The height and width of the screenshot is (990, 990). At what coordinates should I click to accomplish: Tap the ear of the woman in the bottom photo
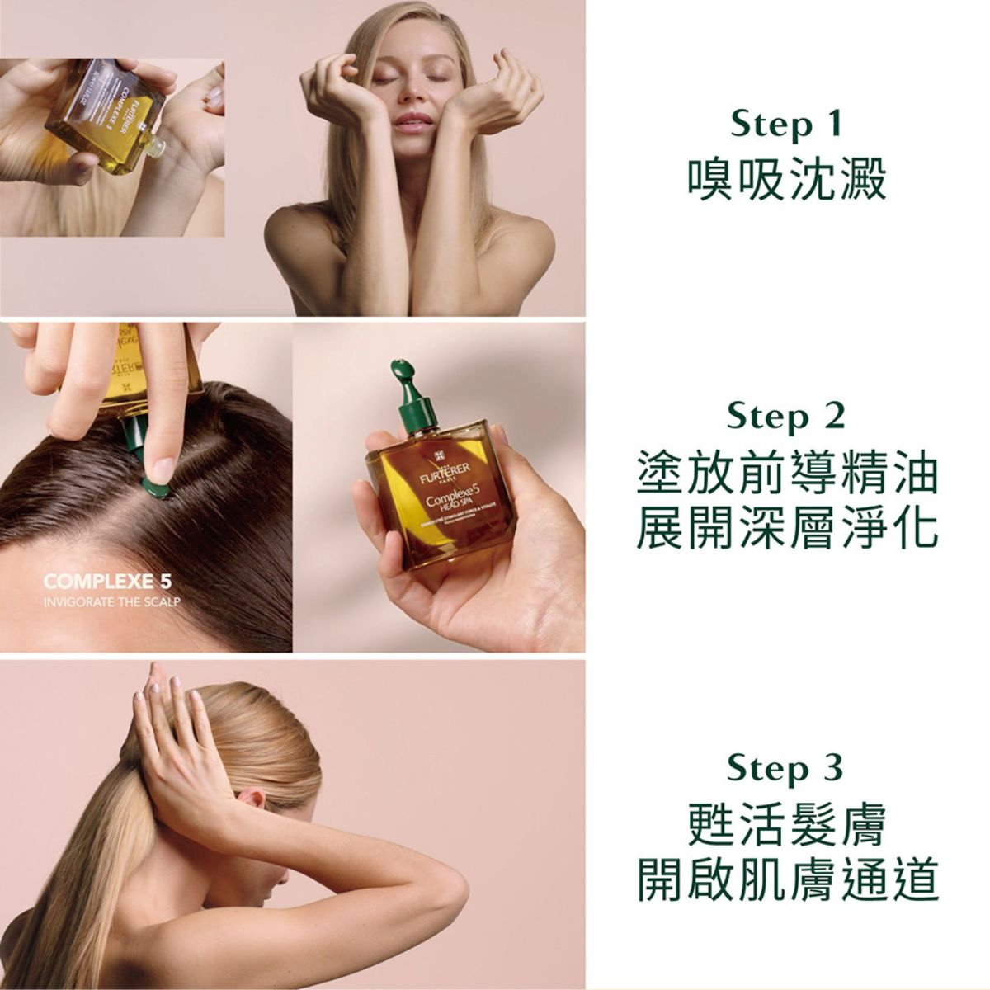pyautogui.click(x=254, y=804)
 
